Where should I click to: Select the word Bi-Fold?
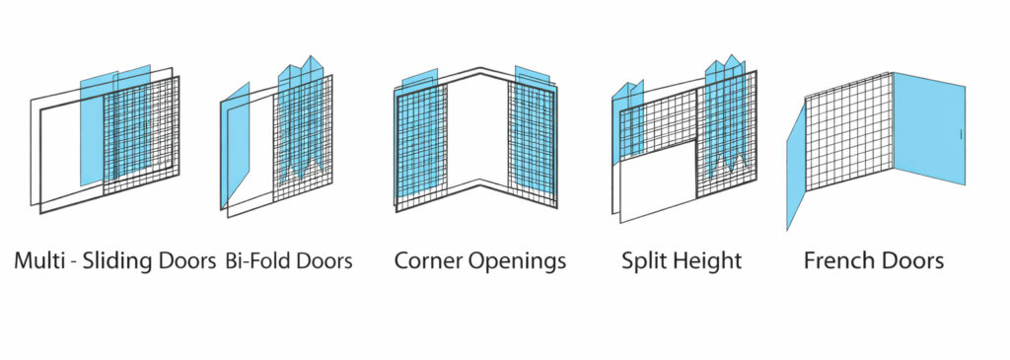tap(263, 261)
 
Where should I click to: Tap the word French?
tap(838, 261)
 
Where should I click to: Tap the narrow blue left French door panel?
tap(796, 168)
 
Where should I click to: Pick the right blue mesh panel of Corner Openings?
tap(533, 138)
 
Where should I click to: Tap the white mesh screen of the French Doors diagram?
tap(848, 138)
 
